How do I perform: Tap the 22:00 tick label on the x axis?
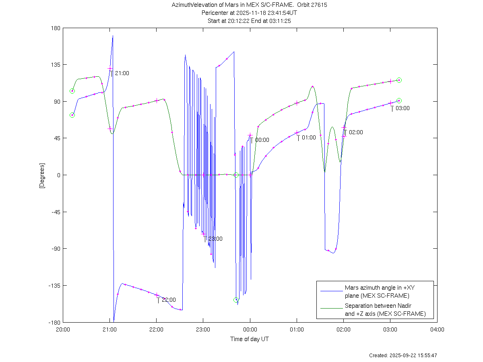156,329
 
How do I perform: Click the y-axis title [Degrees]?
42,175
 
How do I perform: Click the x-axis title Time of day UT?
250,339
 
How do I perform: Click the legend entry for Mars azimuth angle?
377,292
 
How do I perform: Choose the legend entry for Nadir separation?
385,310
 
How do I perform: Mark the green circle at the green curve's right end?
399,80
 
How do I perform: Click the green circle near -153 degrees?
236,300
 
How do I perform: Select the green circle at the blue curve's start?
72,115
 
